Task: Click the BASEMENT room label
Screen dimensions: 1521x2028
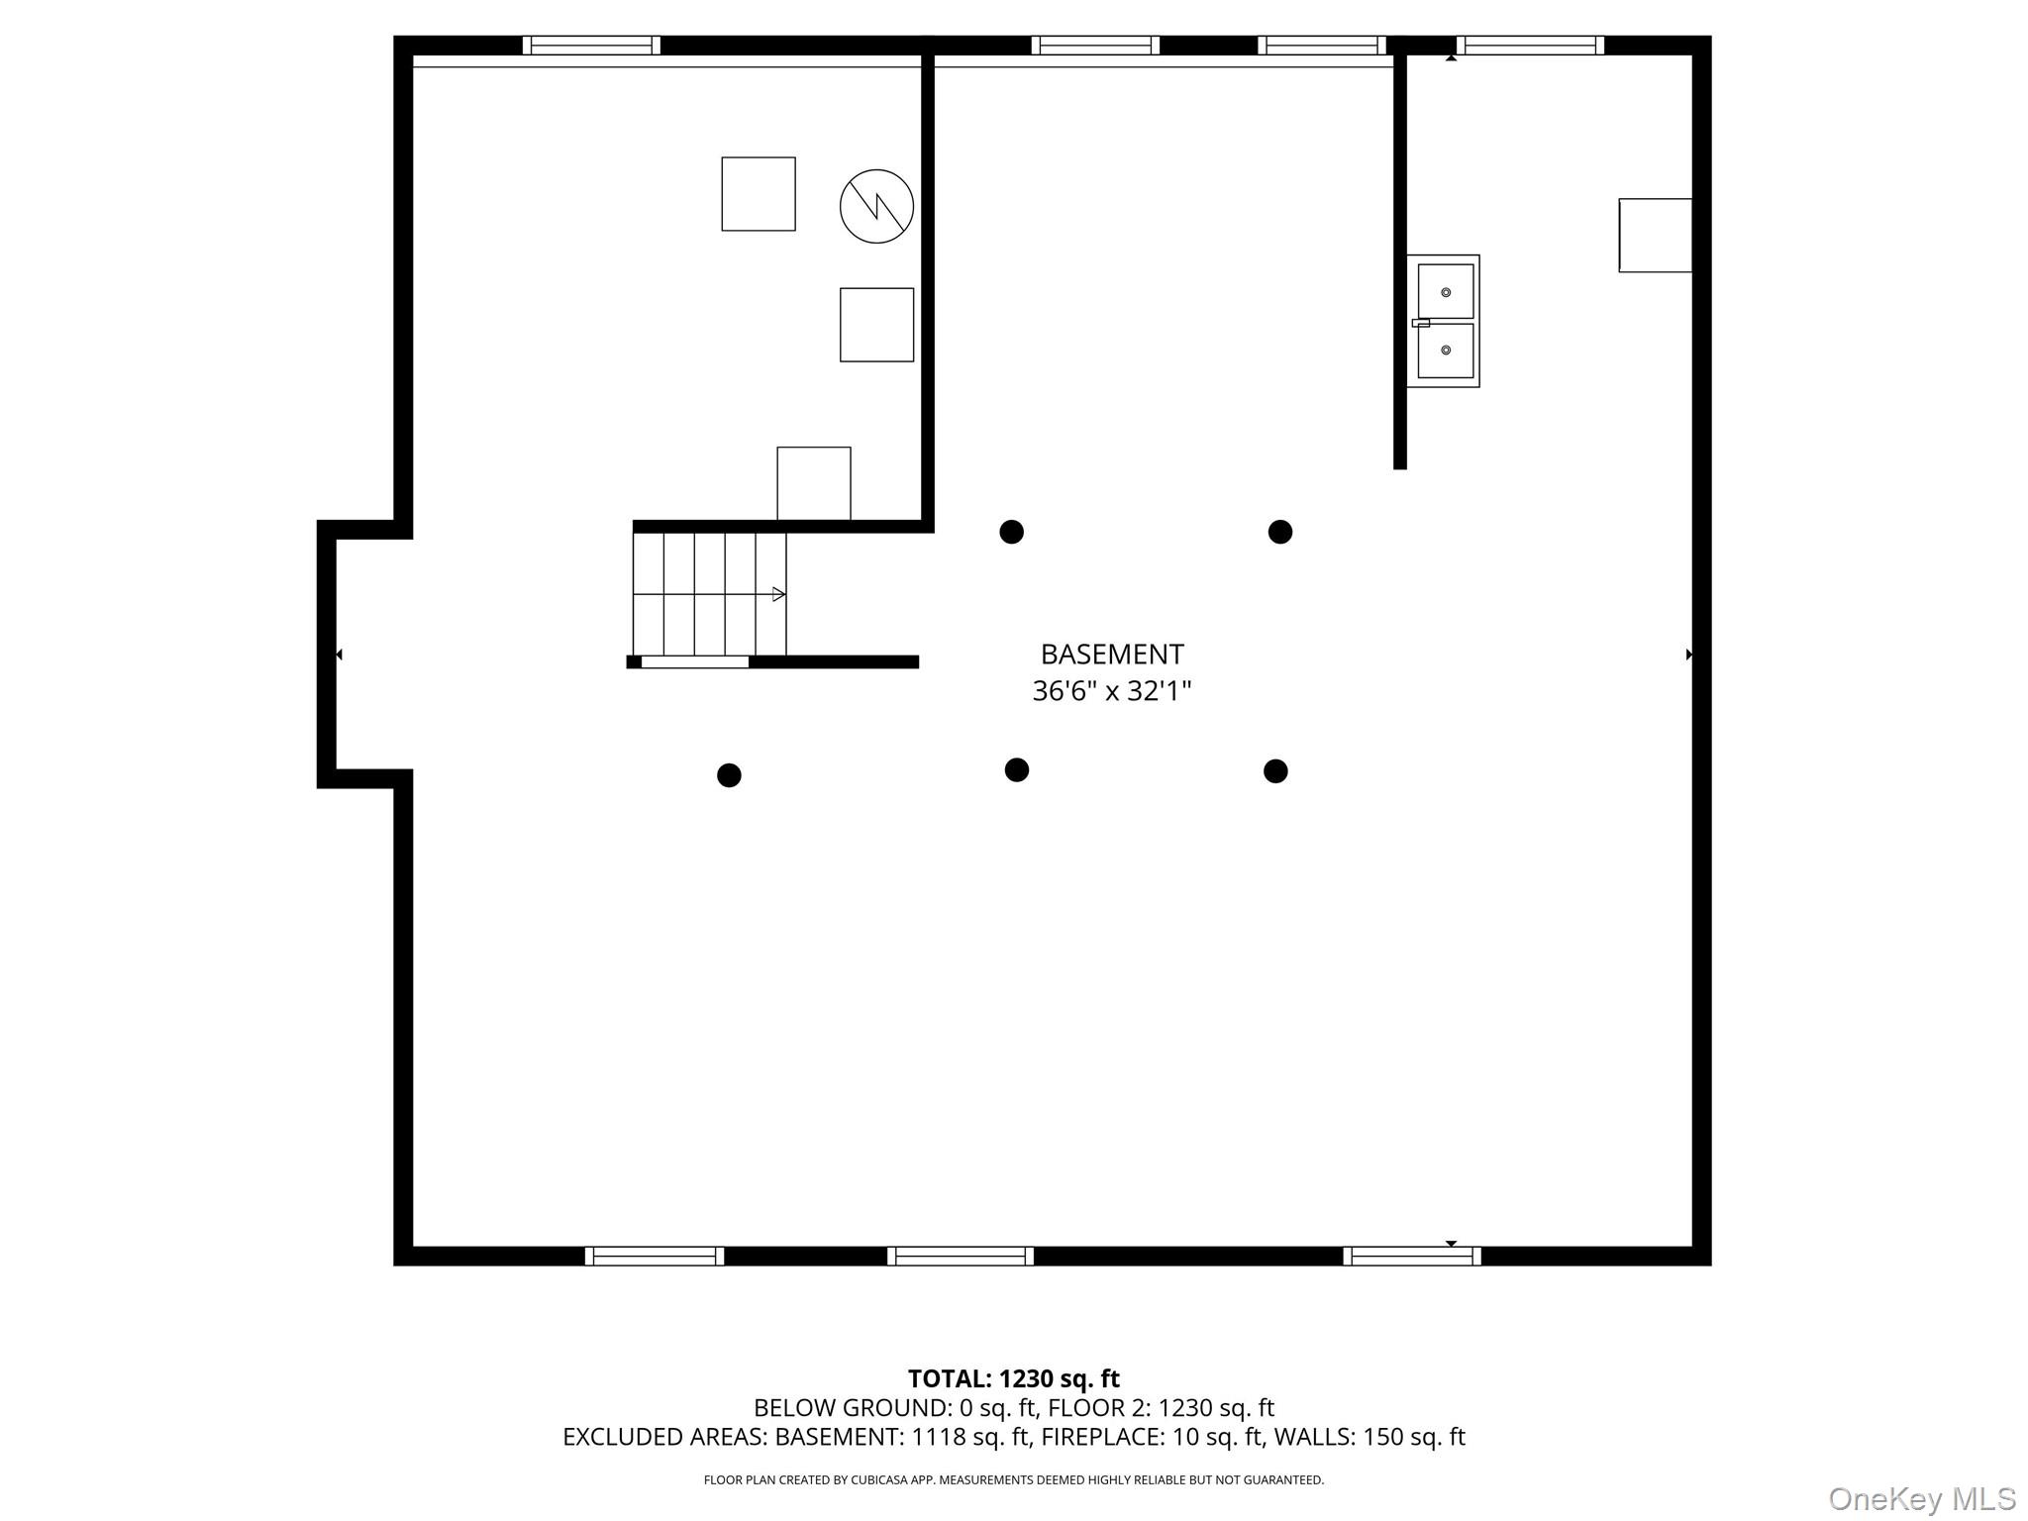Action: (x=1111, y=654)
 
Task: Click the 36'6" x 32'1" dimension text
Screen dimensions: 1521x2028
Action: (x=1111, y=691)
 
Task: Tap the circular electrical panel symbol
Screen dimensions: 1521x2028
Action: (x=876, y=206)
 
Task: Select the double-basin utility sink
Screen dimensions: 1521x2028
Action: (x=1444, y=321)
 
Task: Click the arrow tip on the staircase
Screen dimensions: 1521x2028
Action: (x=779, y=594)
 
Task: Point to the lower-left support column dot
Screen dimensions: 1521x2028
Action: (x=729, y=775)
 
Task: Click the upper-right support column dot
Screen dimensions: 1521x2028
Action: (x=1279, y=532)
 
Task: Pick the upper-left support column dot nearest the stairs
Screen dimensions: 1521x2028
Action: (x=1011, y=532)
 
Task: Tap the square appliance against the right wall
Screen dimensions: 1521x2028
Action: (x=1655, y=235)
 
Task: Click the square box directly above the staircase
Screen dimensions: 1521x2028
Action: (x=813, y=483)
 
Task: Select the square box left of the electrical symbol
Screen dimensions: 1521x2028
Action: (x=759, y=194)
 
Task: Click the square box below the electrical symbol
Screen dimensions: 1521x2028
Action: (x=876, y=325)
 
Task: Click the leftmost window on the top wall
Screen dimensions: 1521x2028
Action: (x=591, y=46)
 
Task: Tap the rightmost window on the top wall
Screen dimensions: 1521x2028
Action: (x=1530, y=46)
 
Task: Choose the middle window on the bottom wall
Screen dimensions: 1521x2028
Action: (x=960, y=1256)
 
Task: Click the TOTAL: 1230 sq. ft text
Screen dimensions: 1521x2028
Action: (x=1013, y=1378)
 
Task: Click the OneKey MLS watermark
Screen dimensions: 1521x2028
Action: (x=1921, y=1498)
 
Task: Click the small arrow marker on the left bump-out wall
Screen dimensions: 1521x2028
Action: (x=339, y=655)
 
